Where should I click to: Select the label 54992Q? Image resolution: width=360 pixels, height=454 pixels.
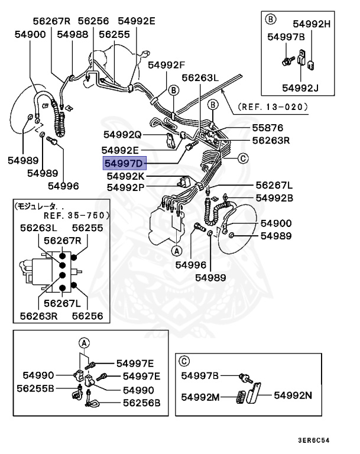[x=122, y=134]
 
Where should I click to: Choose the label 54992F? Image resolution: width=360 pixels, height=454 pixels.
[x=167, y=64]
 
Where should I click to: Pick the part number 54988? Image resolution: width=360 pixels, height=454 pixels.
[x=73, y=34]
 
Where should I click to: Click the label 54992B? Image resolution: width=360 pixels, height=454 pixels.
[x=274, y=198]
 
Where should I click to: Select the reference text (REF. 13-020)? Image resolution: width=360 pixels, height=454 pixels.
[x=273, y=107]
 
